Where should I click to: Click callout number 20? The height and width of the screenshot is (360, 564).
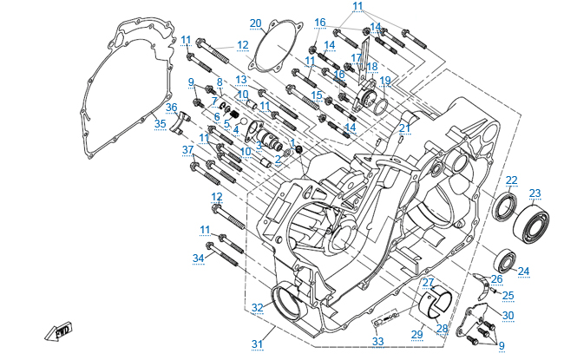[x=255, y=23]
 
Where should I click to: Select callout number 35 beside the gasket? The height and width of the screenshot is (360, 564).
[x=160, y=124]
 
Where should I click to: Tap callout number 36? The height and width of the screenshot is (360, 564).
[x=171, y=108]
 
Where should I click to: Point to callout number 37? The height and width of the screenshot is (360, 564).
[x=187, y=149]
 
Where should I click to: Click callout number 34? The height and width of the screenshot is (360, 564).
[x=198, y=258]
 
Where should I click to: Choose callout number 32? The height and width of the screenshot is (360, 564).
[x=257, y=308]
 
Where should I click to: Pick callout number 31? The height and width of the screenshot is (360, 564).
[x=257, y=344]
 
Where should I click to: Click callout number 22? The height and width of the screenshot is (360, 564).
[x=512, y=180]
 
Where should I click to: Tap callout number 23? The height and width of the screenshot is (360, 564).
[x=534, y=193]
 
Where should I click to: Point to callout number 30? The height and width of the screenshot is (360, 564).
[x=508, y=315]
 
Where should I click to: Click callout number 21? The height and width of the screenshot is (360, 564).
[x=404, y=128]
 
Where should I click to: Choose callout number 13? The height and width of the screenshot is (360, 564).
[x=241, y=79]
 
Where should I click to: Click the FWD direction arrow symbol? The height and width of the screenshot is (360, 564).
[x=62, y=331]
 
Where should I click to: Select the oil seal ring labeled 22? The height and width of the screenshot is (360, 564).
[x=504, y=208]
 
